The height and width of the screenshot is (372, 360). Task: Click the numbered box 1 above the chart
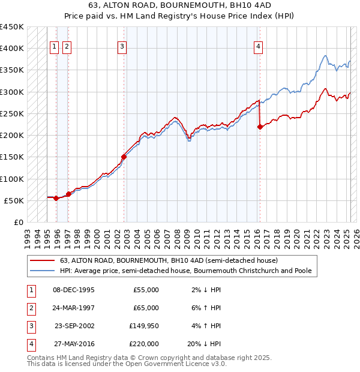(54, 48)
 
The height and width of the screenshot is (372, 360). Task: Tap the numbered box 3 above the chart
(122, 48)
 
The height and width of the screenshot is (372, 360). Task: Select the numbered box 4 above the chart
(258, 48)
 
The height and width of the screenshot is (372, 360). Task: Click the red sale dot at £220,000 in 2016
(260, 127)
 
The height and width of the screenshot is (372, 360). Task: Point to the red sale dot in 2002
(124, 157)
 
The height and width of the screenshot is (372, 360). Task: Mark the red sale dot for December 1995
(56, 198)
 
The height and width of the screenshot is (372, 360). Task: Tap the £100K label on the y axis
(12, 179)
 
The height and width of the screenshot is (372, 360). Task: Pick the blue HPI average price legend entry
(185, 271)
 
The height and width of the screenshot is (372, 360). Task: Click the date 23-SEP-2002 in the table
(74, 326)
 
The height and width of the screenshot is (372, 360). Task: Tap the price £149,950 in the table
(144, 326)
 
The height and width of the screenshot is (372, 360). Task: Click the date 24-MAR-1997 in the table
(74, 308)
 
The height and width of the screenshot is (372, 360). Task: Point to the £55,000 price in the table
(146, 290)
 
